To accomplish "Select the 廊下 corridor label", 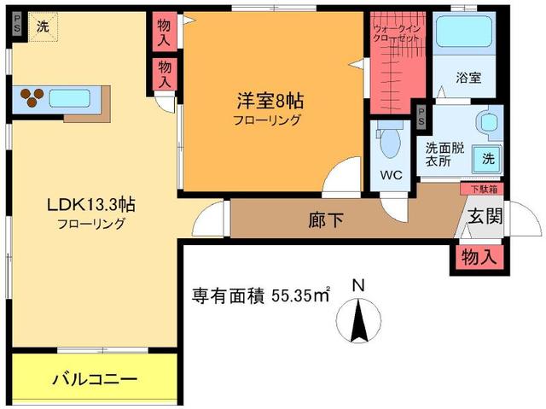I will (x=326, y=220).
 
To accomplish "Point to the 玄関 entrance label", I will (x=485, y=218).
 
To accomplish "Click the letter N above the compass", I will (x=359, y=286).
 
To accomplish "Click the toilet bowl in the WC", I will (x=390, y=142).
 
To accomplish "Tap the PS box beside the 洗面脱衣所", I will (x=421, y=117).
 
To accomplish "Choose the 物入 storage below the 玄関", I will (x=474, y=255).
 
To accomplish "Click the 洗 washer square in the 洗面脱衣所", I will (x=487, y=157).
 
